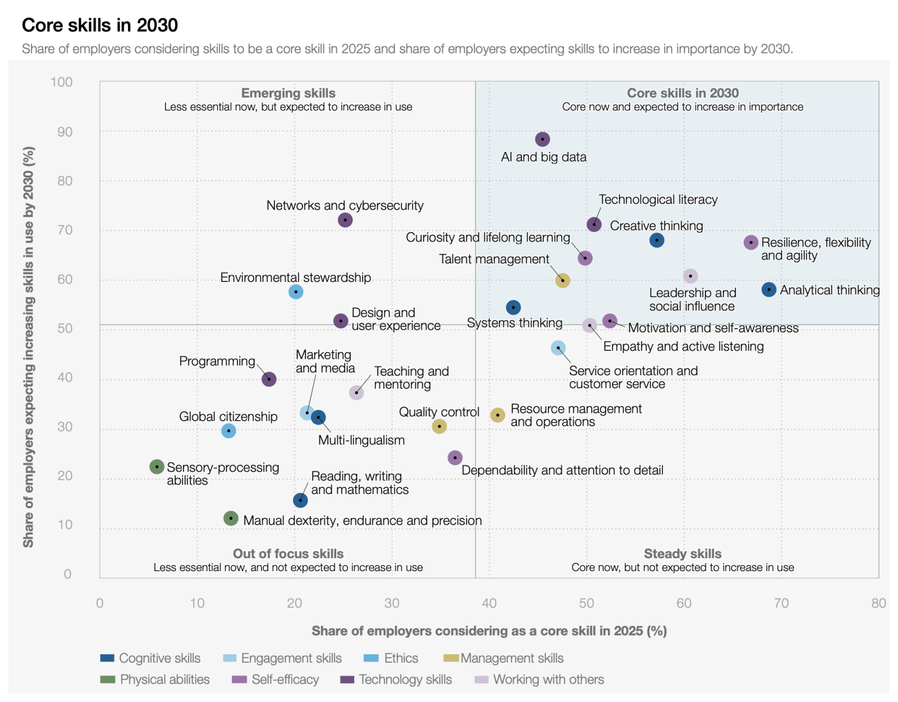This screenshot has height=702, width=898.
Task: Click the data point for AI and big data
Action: [542, 139]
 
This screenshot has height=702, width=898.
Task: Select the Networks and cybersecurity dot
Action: [345, 220]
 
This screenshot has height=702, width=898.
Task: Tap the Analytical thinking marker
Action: [769, 290]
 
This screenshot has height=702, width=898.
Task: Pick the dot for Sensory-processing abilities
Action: [157, 467]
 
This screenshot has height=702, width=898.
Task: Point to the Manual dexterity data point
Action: [231, 518]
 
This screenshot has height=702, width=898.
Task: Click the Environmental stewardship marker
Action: [296, 292]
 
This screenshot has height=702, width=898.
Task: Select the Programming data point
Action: [269, 379]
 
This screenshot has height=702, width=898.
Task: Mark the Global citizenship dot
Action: [228, 431]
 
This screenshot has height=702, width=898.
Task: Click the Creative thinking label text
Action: [656, 226]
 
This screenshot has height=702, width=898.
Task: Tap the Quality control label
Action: [439, 412]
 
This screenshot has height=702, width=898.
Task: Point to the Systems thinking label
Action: [514, 323]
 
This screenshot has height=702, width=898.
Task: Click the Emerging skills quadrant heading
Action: [288, 93]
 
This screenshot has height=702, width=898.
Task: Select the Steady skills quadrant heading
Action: [682, 554]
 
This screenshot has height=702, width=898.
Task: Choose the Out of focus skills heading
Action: [288, 554]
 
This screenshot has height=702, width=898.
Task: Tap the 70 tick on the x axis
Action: [781, 603]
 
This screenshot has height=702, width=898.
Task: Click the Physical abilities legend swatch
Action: [107, 680]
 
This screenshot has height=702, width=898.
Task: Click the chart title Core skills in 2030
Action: [100, 25]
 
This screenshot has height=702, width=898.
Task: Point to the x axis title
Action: [489, 631]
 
